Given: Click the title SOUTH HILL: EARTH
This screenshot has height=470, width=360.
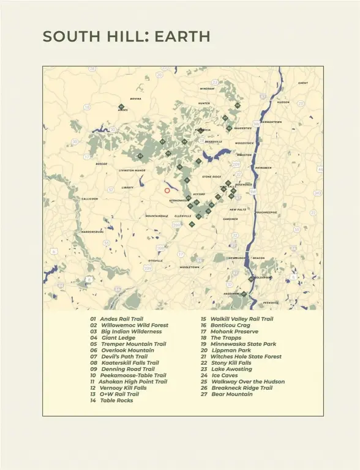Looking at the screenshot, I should [x=126, y=37].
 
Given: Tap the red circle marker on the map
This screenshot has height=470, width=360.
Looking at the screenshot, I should [x=167, y=190].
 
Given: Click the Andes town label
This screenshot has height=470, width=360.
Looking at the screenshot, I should [x=123, y=110].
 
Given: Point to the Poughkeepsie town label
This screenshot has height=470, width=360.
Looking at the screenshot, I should [x=266, y=212].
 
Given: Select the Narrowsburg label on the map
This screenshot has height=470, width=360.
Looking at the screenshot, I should [x=92, y=232].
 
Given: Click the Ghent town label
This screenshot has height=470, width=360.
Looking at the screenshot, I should [x=303, y=83].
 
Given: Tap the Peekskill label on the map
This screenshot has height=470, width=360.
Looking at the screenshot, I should [x=271, y=302].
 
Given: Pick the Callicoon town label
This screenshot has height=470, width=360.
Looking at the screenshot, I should [x=89, y=199].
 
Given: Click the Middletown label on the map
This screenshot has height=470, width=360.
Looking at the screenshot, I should [x=189, y=267].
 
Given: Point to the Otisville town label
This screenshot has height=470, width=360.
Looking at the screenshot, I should [x=156, y=261].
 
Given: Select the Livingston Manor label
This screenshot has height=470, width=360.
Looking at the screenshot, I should [x=132, y=171].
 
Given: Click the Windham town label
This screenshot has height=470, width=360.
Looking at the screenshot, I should [x=207, y=89].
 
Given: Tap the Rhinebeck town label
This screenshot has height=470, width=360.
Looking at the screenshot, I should [x=263, y=167].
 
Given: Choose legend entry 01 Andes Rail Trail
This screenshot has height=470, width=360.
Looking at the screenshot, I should [x=116, y=319].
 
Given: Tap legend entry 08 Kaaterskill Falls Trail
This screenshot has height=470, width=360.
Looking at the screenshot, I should [x=124, y=363].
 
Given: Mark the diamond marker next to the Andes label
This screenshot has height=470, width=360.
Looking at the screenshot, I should [x=121, y=106].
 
